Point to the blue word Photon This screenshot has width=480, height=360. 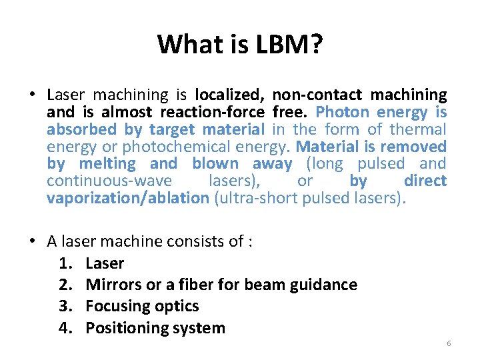pyautogui.click(x=340, y=112)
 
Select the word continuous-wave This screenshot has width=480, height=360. pyautogui.click(x=109, y=181)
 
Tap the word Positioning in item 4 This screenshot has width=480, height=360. pyautogui.click(x=126, y=328)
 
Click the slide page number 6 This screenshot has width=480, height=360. pyautogui.click(x=449, y=343)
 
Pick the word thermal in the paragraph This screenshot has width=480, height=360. pyautogui.click(x=417, y=129)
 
